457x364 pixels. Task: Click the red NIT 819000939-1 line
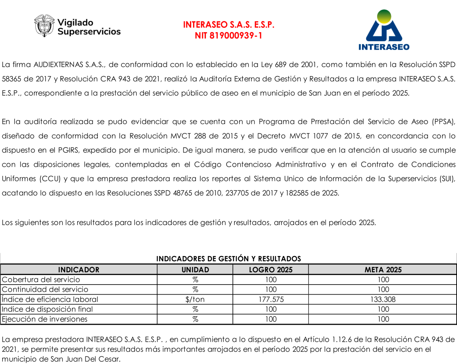click(228, 36)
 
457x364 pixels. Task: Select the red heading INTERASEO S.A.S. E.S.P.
click(228, 25)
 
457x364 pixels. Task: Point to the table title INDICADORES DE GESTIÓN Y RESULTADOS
click(228, 259)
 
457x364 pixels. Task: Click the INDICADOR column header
click(79, 270)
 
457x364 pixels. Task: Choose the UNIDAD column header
click(195, 270)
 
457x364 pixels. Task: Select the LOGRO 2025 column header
click(271, 270)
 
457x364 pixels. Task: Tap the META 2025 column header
click(383, 270)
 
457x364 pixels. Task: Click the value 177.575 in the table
click(271, 299)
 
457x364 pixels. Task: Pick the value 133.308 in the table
click(383, 299)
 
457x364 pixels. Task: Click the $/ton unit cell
click(195, 299)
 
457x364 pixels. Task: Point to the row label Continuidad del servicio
click(45, 289)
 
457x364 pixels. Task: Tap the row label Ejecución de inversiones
click(45, 319)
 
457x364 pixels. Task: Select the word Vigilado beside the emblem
click(76, 23)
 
